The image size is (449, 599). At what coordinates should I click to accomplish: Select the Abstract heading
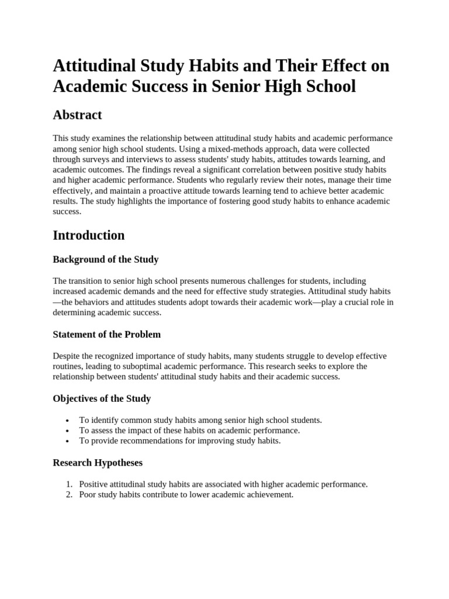[x=77, y=115]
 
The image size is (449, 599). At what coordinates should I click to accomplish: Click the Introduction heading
[x=89, y=235]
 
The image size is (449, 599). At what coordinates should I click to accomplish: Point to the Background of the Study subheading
[x=106, y=259]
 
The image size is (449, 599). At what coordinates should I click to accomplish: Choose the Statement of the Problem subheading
[x=107, y=335]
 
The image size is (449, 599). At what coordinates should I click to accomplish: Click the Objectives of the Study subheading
[x=102, y=398]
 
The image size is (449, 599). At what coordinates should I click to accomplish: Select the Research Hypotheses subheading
[x=98, y=463]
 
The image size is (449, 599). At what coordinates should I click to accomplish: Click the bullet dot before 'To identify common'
[x=68, y=421]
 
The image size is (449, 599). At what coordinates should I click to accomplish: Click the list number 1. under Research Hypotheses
[x=68, y=484]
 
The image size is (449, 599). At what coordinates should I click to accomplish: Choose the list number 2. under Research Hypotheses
[x=68, y=495]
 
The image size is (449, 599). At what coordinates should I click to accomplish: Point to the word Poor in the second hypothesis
[x=88, y=495]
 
